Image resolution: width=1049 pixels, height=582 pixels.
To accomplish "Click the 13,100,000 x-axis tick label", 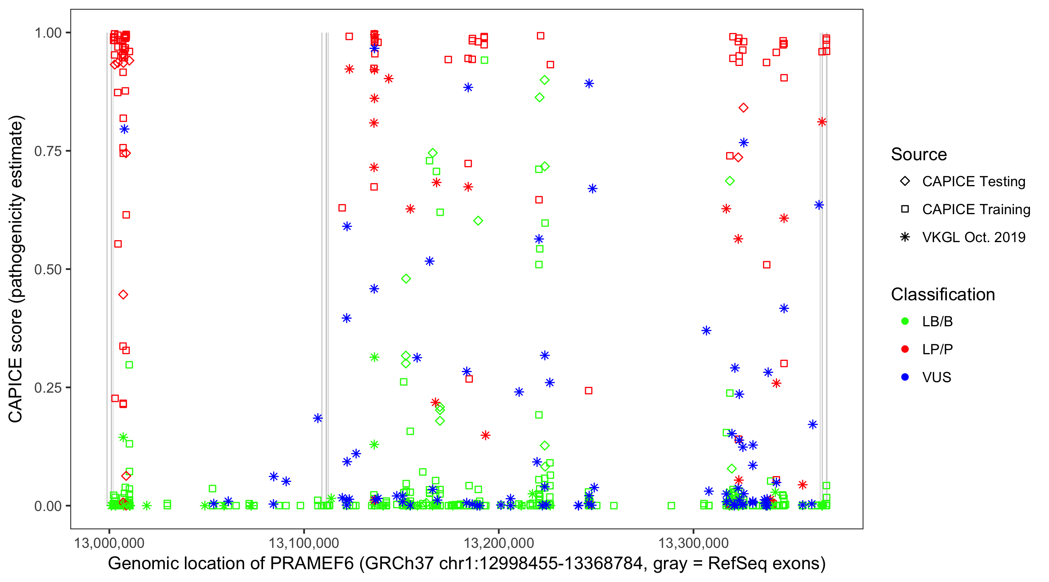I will [x=303, y=543].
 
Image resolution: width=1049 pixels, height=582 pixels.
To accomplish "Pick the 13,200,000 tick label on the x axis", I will [x=498, y=543].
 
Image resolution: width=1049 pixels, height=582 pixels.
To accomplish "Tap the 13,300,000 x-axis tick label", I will [x=693, y=543].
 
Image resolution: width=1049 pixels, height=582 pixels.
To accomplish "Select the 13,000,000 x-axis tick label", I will [x=109, y=543].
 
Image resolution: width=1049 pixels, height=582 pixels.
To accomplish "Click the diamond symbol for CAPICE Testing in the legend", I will [x=905, y=182].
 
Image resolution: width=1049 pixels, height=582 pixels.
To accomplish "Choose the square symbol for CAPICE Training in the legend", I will [x=905, y=210].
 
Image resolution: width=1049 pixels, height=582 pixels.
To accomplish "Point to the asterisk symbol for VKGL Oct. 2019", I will [x=905, y=237].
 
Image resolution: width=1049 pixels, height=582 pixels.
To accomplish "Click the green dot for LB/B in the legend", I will [x=905, y=321].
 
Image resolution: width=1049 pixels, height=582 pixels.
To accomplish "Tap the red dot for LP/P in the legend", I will [x=905, y=349].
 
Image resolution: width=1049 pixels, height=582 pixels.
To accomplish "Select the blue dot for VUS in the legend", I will [x=905, y=377].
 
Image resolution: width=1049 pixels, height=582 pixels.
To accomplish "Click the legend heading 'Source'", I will [x=919, y=154].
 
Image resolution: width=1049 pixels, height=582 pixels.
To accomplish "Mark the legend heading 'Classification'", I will [x=943, y=294].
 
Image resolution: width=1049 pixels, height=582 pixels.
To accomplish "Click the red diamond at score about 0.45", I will [x=124, y=295].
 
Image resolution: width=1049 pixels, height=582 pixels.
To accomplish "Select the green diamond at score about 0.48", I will [x=406, y=279].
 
